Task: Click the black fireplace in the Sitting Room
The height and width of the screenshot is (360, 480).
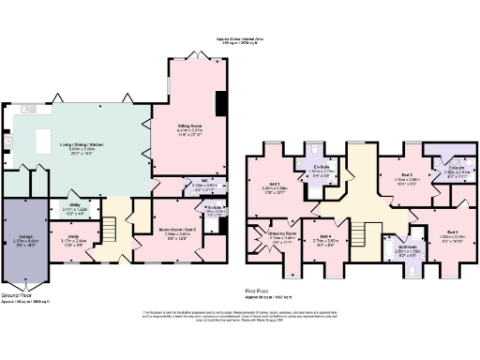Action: point(219,102)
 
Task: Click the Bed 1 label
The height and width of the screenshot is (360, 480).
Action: point(275,185)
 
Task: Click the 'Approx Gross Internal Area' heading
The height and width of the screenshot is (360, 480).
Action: point(239,37)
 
